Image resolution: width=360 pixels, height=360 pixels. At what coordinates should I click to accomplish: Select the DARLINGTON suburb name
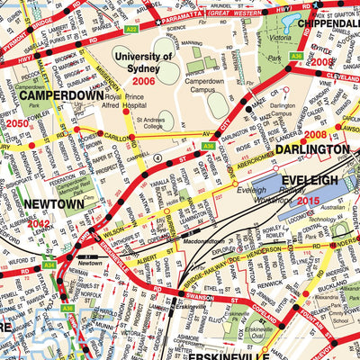point(312,148)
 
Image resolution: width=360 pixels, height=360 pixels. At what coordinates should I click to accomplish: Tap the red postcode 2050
point(17,122)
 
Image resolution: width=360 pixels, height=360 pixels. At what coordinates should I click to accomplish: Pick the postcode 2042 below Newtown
point(40,222)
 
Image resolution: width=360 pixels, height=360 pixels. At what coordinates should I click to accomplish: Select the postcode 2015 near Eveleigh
point(308,200)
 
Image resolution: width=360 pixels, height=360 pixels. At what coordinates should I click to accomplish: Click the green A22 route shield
point(131,30)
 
